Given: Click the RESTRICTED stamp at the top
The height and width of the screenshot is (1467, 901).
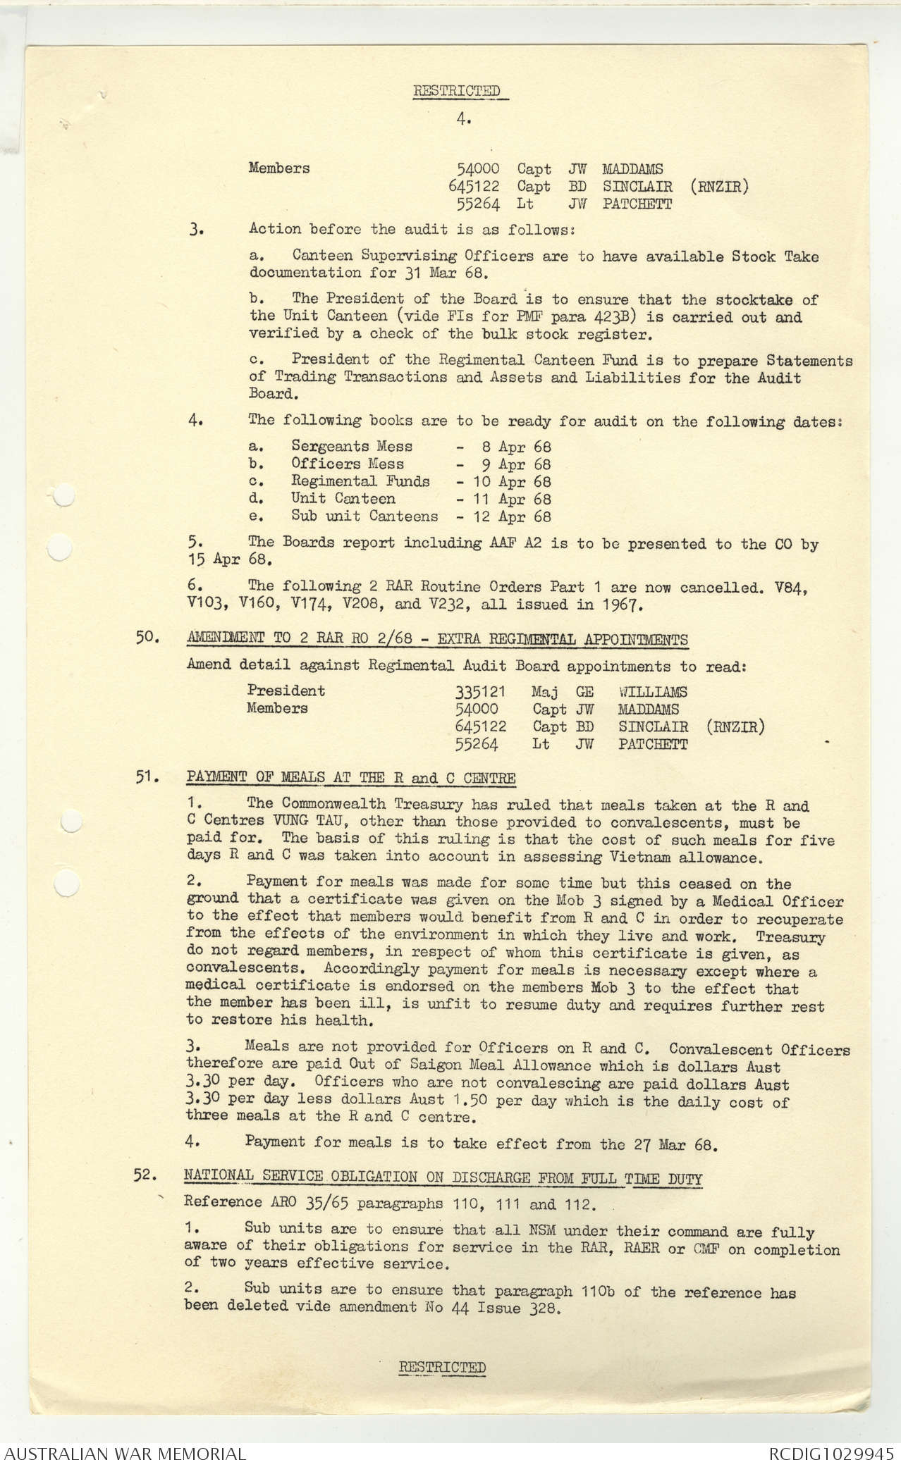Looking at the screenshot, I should pos(456,91).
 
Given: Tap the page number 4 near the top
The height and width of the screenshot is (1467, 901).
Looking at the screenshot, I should pos(462,119).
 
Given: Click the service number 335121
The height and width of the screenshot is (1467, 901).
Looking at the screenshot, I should pos(480,692).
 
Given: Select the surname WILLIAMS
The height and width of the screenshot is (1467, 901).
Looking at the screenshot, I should pos(652,692).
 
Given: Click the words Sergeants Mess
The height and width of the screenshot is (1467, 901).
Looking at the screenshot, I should pos(352,446).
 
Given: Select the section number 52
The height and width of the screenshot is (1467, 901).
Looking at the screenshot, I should pos(145,1175).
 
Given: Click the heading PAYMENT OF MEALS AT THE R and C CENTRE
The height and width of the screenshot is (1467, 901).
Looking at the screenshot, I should pos(350,778).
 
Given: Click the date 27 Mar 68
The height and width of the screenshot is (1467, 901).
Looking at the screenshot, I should pos(674,1145).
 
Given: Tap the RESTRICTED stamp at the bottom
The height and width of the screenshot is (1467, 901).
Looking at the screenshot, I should pos(442,1367).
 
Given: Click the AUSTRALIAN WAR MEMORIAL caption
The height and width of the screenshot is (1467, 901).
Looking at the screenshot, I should pos(125,1454).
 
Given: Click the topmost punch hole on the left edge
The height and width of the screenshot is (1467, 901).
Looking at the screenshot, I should pos(63,495).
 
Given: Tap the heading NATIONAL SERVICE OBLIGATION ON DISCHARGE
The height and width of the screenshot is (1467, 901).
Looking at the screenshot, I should pos(442,1176).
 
